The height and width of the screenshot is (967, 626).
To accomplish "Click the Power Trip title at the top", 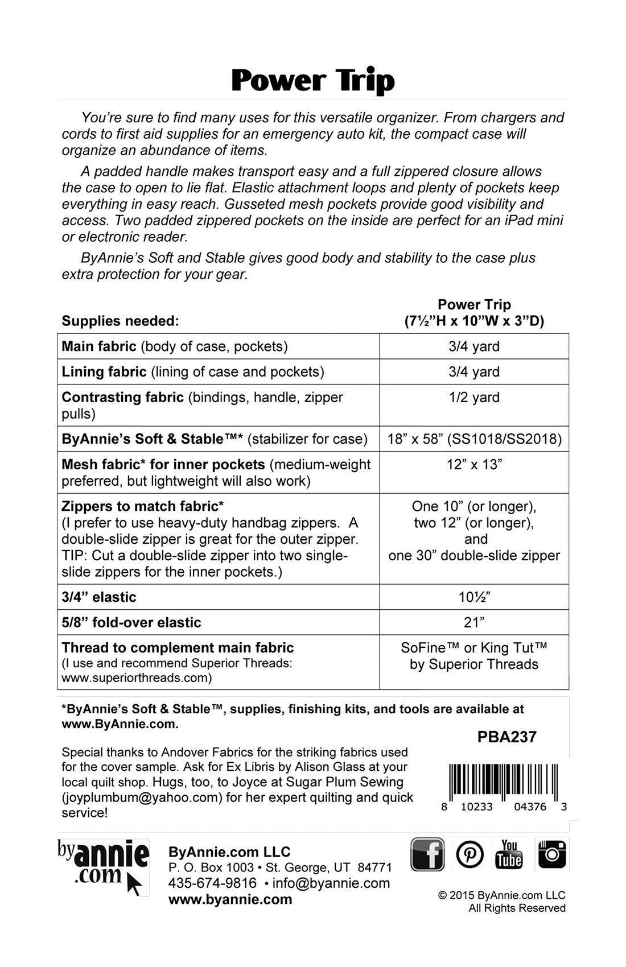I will pos(313,81).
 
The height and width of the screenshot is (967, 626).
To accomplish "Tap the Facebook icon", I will pos(427,854).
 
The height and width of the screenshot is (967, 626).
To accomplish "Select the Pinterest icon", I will pos(470,854).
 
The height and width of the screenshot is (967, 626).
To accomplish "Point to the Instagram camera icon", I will pos(551,854).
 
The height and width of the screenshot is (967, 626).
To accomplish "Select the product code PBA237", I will pos(507,737).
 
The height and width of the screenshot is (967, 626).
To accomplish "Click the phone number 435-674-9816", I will pos(212,883).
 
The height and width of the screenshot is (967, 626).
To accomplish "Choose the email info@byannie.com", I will pos(331,883).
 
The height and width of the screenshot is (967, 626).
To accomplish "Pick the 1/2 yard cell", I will pos(474,397).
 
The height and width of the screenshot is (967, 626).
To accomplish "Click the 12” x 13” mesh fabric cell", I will pos(474,465).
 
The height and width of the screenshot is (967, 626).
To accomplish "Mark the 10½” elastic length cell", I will pos(474,597).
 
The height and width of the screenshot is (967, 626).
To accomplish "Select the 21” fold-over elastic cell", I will pos(474,622).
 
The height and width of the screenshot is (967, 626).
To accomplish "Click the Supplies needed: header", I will pos(120,321).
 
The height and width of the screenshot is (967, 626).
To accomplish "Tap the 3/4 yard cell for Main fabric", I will pos(474,346).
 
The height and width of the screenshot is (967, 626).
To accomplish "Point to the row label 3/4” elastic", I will pos(99,597).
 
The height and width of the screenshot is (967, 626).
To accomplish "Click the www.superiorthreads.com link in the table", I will pos(137,678).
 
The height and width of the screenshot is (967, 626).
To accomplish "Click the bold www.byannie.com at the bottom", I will pos(230,900).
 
